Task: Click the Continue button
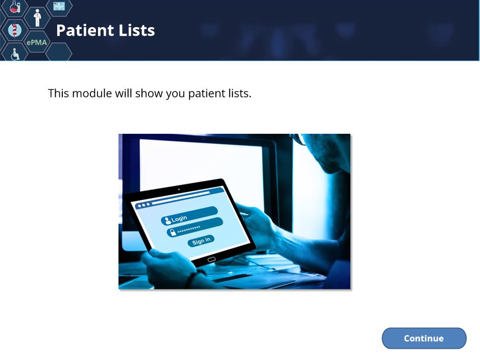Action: tap(424, 338)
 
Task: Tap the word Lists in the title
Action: tap(136, 30)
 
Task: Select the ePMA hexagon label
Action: tap(37, 42)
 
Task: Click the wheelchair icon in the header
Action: tap(15, 54)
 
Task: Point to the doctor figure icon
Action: tap(37, 18)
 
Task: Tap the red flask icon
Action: tap(14, 7)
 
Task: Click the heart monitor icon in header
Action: tap(59, 6)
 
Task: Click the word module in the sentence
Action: tap(92, 93)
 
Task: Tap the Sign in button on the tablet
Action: tap(201, 241)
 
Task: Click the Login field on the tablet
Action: tap(189, 215)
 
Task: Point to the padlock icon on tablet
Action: tap(173, 232)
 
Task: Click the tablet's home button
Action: tap(211, 259)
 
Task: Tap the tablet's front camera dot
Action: tap(179, 189)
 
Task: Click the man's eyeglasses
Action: tap(299, 139)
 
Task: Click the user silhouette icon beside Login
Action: tap(167, 221)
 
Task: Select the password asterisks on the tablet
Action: tap(189, 229)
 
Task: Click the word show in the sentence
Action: tap(149, 93)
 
